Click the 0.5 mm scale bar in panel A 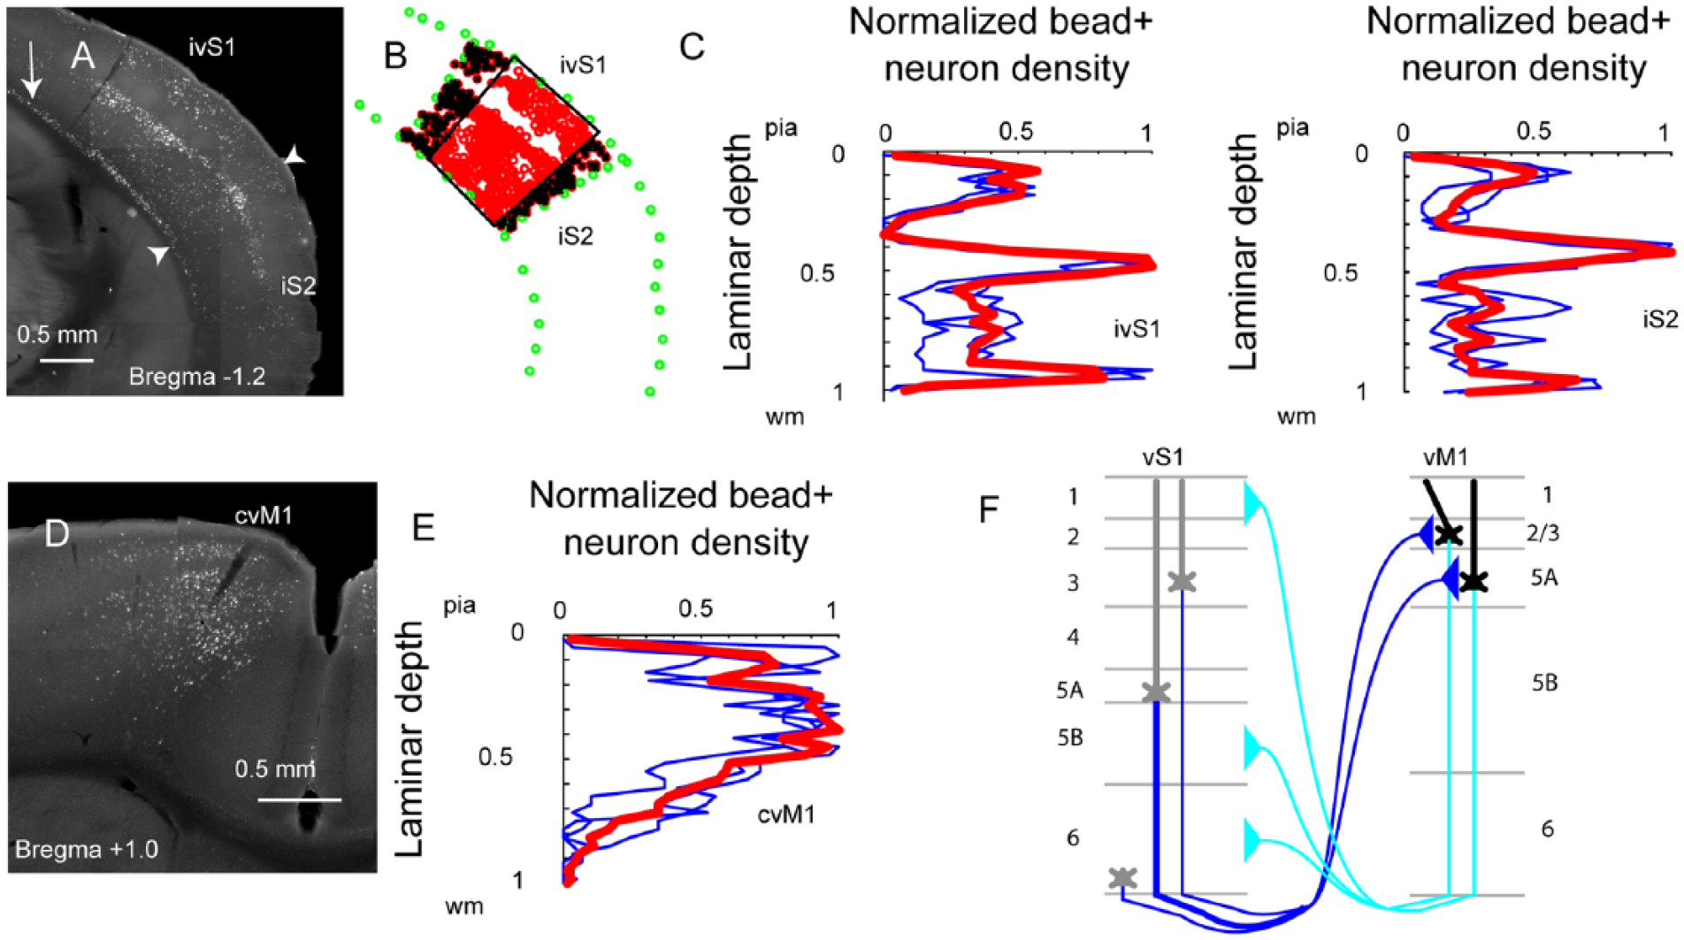[66, 360]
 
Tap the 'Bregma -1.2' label [197, 377]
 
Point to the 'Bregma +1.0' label [87, 850]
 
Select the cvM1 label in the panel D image [264, 515]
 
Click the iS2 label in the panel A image [298, 286]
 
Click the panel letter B [395, 57]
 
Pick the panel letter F [990, 510]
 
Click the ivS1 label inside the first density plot [1137, 329]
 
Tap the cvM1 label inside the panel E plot [786, 814]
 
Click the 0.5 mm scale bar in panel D [300, 799]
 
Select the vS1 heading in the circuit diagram [1162, 457]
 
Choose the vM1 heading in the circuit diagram [1445, 457]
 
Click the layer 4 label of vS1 [1073, 637]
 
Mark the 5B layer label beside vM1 [1544, 683]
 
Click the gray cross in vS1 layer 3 [1182, 581]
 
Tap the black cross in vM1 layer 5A [1473, 581]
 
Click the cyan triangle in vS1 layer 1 [1252, 503]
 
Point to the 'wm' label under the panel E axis [464, 907]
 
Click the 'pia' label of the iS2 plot [1292, 129]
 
